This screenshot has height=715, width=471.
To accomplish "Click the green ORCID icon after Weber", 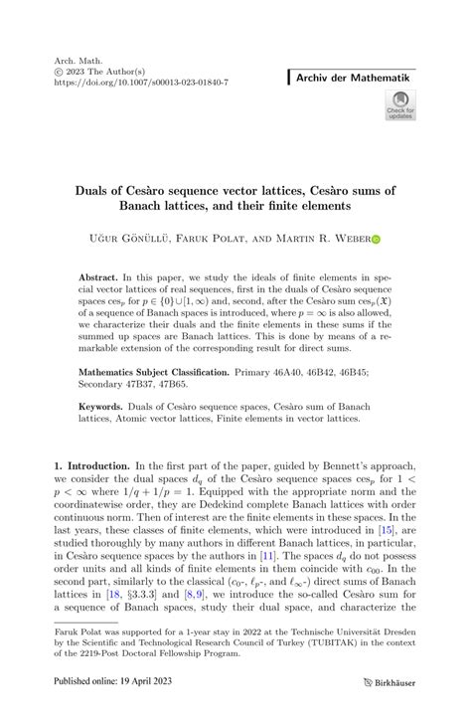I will point(374,239).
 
